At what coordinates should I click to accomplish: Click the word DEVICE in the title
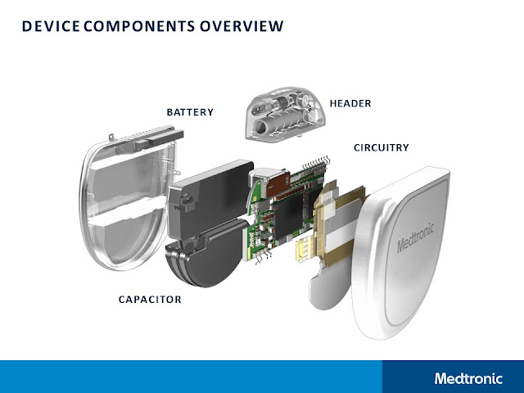coord(47,26)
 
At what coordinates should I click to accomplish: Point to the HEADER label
coord(350,103)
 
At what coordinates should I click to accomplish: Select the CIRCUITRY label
coord(381,147)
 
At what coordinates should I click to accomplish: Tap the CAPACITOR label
coord(151,300)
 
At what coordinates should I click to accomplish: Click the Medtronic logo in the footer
coord(469,378)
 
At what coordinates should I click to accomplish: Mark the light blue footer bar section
coord(188,377)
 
